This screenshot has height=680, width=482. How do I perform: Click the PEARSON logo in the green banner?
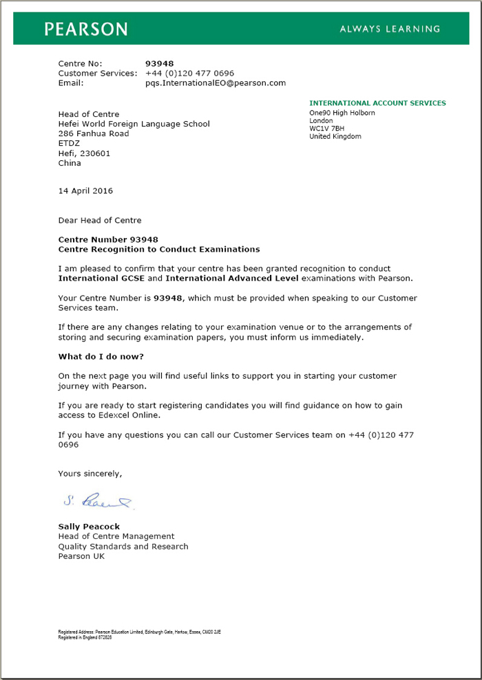(86, 29)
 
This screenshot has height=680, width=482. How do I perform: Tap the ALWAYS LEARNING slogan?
(390, 29)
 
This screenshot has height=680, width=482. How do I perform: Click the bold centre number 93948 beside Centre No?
(159, 63)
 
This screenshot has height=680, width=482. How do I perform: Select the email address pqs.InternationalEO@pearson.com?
(215, 83)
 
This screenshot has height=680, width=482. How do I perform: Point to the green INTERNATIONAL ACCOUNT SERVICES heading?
(377, 103)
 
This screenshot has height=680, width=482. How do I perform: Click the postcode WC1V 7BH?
(327, 129)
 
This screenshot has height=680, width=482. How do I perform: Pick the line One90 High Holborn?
(342, 113)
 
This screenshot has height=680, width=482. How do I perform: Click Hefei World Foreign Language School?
(134, 124)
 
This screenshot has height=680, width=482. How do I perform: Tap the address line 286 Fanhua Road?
(94, 133)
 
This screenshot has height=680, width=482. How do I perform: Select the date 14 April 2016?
(85, 190)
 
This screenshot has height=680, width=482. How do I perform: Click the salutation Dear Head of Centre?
(100, 220)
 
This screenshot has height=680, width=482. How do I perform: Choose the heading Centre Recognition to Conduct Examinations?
(159, 249)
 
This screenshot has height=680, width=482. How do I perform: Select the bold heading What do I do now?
(101, 356)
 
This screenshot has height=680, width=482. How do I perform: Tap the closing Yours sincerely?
(90, 474)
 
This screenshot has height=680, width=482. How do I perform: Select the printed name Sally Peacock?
(89, 526)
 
